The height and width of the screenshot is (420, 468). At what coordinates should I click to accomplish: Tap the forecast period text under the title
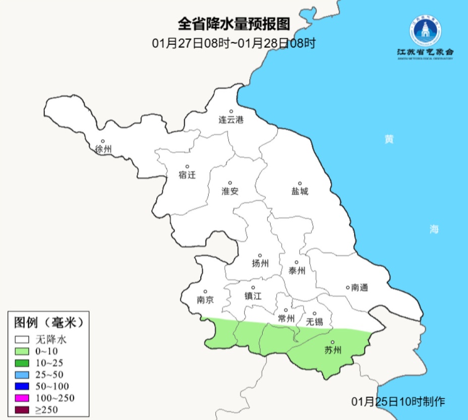coord(233,43)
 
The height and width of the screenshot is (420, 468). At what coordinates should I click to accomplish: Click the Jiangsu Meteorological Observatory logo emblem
coord(425,32)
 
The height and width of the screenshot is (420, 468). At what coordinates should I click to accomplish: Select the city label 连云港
coord(231,121)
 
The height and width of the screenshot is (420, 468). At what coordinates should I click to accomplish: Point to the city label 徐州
coord(103,149)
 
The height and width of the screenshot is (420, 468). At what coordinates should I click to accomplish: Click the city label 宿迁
coord(187,175)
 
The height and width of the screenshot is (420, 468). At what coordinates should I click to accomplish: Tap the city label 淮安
coord(230,191)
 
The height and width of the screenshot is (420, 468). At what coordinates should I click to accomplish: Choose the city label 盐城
coord(300,192)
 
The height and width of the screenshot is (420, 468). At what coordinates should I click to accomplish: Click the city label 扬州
coord(260,264)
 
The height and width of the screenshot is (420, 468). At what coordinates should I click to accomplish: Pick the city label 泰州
coord(297,271)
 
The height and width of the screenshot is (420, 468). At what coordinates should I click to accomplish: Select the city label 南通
coord(360,288)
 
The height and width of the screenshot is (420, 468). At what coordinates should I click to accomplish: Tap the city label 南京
coord(205,299)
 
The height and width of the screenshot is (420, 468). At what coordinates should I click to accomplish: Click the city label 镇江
coord(253,296)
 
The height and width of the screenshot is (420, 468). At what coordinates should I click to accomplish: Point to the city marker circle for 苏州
coord(332,342)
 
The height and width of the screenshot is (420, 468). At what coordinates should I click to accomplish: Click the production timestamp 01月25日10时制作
coord(398,401)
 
